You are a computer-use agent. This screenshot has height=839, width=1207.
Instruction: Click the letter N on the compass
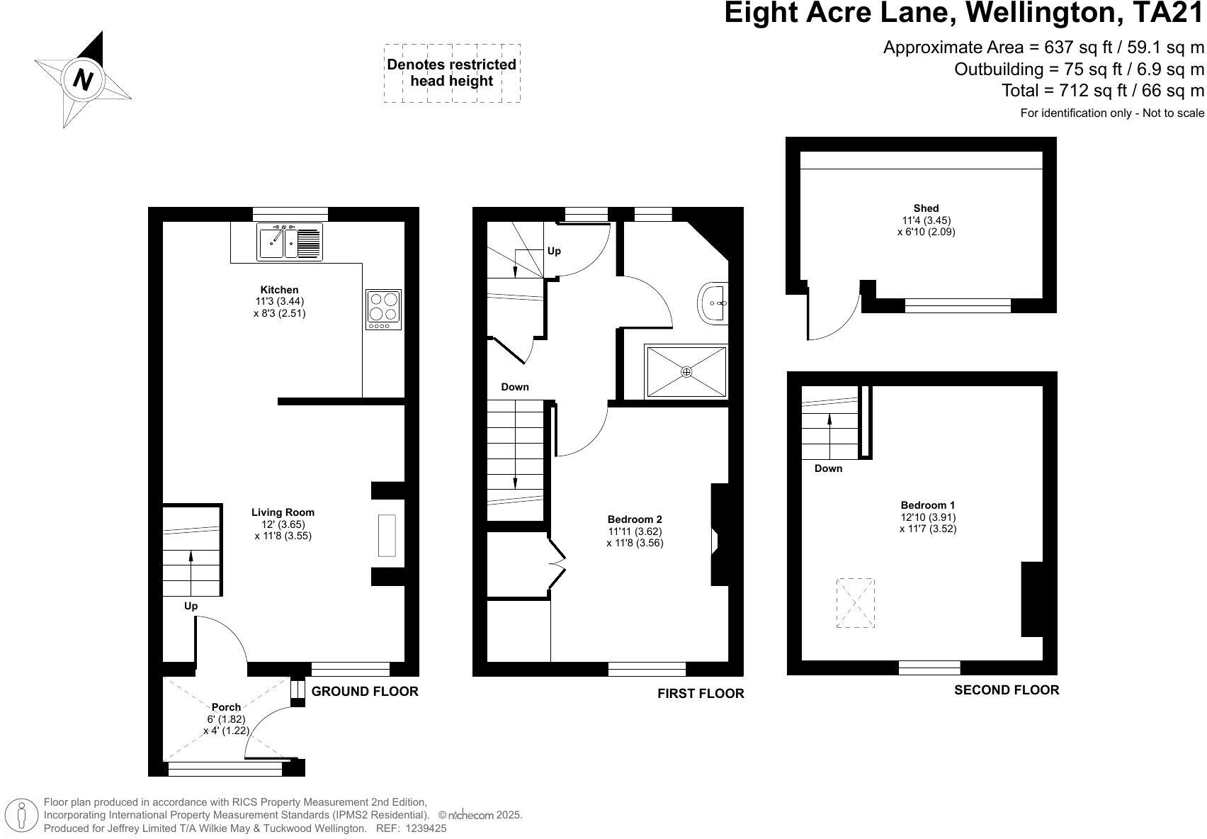pos(82,80)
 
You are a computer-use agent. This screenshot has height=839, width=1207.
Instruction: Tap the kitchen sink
pos(290,242)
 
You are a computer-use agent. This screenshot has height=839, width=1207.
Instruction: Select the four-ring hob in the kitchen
pos(384,310)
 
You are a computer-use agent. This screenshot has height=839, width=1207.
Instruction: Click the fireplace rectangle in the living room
pos(387,536)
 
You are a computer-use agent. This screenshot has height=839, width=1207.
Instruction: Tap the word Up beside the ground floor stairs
pos(191,606)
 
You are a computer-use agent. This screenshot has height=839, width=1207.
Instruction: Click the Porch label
pos(227,707)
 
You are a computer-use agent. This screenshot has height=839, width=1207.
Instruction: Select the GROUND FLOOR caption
pos(365,692)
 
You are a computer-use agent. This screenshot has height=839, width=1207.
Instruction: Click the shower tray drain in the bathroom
pos(686,371)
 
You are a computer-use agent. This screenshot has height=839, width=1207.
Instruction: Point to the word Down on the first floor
pos(514,387)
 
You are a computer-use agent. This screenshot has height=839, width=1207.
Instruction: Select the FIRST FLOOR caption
pos(701,694)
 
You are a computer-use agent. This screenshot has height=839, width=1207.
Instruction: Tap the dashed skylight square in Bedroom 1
pos(855,603)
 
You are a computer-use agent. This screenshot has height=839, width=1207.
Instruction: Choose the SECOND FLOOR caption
pos(1007,689)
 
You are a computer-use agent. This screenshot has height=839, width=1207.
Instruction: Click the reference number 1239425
pos(425,828)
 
